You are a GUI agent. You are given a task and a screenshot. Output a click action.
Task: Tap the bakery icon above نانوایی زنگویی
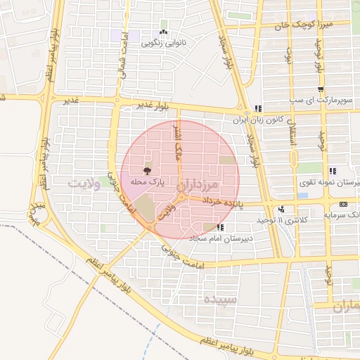163,32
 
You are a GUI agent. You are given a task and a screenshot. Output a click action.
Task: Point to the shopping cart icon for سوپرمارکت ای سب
321,89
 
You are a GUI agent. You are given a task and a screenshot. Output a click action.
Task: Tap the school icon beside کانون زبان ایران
259,109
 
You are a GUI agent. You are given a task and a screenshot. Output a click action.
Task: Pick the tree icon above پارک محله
147,171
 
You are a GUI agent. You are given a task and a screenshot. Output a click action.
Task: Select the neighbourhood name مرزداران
200,187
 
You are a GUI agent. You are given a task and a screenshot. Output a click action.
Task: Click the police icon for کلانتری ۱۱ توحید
282,209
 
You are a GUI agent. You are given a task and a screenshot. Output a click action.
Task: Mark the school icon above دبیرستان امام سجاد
221,227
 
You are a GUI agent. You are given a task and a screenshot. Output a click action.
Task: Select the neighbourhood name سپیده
219,299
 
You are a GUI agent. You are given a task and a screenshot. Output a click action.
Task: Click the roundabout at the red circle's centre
181,199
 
